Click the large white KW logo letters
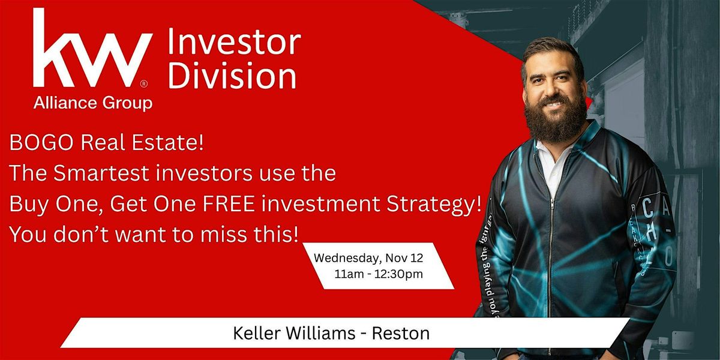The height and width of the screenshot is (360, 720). (90, 51)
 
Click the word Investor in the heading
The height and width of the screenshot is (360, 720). (234, 43)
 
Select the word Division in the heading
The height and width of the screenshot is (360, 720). (232, 76)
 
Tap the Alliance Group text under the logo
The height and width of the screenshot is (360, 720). (92, 103)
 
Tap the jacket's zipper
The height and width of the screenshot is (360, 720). (549, 240)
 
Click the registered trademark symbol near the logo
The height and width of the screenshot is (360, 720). (143, 84)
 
